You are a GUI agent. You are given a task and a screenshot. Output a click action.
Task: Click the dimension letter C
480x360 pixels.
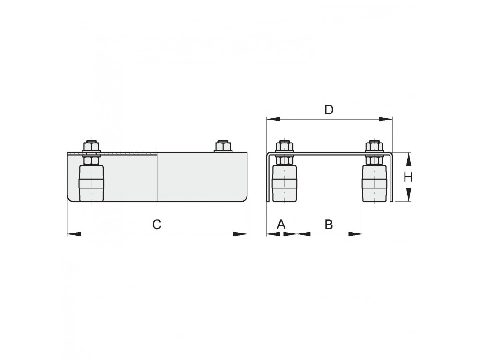pos(157,225)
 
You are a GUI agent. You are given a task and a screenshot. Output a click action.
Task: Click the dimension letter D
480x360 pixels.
pos(329,110)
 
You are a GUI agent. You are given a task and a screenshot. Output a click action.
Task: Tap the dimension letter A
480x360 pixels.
pos(281,225)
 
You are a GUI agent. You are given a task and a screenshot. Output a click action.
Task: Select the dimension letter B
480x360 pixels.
pos(329,225)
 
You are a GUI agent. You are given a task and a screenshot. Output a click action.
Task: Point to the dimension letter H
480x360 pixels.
pos(408,177)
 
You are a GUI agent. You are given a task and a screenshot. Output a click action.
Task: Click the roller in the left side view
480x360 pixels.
pos(91,183)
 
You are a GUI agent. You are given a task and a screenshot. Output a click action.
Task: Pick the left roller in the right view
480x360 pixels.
pos(285,183)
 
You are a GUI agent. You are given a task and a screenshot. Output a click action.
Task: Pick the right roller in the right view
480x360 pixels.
pos(375,183)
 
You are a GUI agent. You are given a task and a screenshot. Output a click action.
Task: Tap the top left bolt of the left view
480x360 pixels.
pos(91,146)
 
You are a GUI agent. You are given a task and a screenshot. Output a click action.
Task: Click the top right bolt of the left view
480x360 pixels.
pos(224,146)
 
